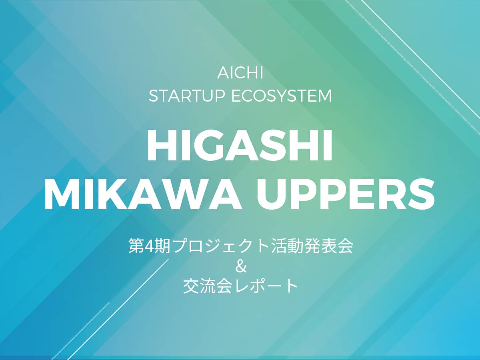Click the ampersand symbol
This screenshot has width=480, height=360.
click(x=240, y=267)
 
